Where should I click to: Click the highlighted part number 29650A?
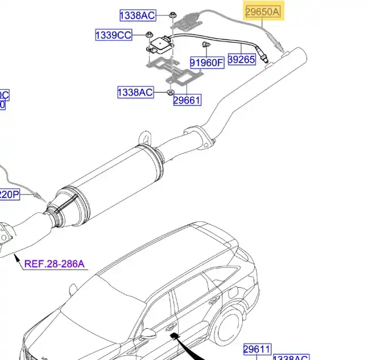[263, 11]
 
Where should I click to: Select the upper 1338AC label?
[137, 15]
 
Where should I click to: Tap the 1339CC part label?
[113, 35]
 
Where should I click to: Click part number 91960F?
[206, 63]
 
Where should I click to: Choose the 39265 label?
[242, 59]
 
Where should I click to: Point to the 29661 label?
[187, 100]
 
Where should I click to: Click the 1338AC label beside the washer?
[135, 92]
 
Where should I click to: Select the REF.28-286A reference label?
[53, 263]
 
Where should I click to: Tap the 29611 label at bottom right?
[258, 349]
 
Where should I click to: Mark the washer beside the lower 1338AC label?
[170, 92]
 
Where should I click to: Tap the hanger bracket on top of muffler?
[147, 138]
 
